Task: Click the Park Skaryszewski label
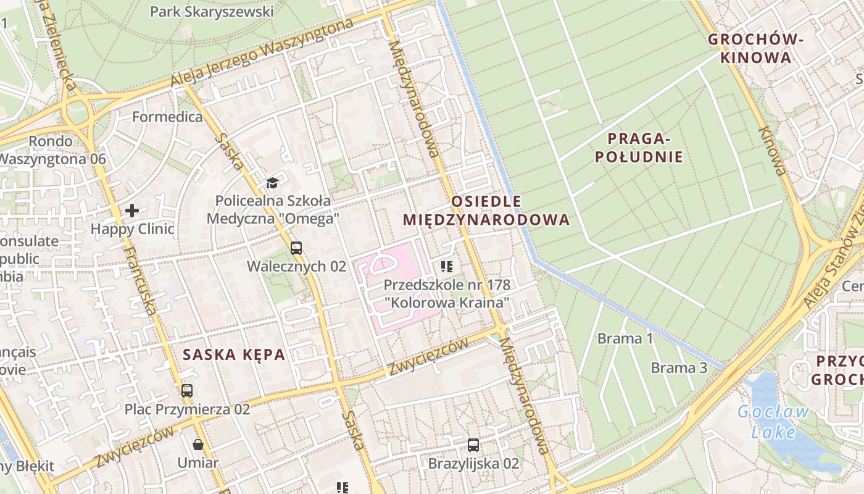[212, 12]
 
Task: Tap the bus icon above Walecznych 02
[296, 248]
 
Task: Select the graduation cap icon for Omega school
[272, 183]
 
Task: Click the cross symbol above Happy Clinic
[132, 211]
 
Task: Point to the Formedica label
[167, 117]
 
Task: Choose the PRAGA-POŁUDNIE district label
[639, 148]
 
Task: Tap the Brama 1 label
[625, 338]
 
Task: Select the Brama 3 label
[679, 368]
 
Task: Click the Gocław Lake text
[773, 421]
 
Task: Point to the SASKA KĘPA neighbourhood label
[234, 354]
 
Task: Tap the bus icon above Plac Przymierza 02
[187, 390]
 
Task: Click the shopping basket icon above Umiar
[198, 444]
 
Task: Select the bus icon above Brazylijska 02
[473, 445]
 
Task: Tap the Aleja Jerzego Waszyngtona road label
[262, 52]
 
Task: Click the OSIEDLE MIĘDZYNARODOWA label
[486, 211]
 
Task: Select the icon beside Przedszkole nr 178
[447, 267]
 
